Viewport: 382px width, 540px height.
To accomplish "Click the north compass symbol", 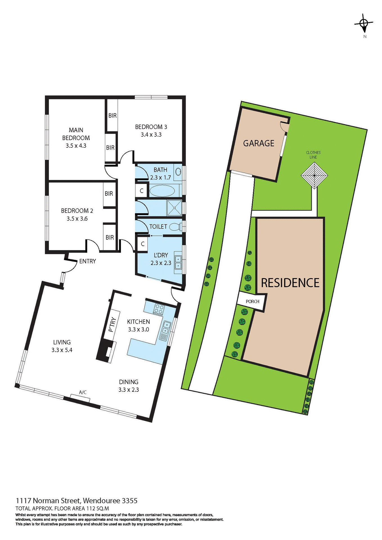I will [364, 24].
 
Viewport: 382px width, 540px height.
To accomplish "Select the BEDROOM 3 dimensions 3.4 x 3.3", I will [151, 135].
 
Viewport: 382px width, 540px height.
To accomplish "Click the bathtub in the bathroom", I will [162, 191].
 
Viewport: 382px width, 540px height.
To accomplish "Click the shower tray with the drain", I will [174, 208].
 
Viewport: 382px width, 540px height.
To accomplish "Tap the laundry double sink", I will [178, 262].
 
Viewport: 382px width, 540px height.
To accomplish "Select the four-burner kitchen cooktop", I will [159, 309].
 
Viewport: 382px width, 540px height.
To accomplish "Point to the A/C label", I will [83, 392].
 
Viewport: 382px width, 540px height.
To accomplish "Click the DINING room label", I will [129, 382].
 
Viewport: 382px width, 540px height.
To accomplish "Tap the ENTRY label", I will [87, 261].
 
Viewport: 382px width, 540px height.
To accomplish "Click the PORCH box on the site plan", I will [252, 301].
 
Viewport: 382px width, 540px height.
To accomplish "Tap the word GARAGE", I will [259, 143].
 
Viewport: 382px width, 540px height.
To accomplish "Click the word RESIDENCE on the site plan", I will [290, 283].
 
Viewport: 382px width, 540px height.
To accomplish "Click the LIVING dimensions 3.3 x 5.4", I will [62, 350].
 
